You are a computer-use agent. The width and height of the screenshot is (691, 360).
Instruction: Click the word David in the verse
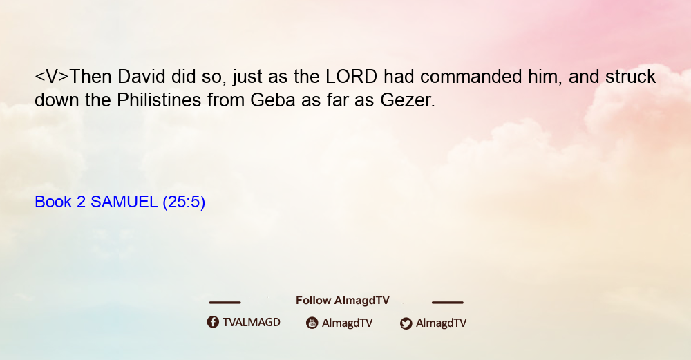click(141, 77)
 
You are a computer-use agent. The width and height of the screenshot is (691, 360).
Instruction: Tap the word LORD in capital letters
click(351, 77)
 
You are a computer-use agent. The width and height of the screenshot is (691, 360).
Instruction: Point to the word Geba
click(273, 100)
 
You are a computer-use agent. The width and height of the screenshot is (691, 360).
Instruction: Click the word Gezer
click(408, 100)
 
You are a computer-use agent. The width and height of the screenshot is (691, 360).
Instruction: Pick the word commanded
click(471, 77)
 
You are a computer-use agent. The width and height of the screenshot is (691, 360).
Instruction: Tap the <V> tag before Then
click(52, 77)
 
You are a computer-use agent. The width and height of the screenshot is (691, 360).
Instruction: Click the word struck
click(631, 77)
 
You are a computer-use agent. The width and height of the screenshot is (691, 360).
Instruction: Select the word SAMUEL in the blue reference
click(124, 202)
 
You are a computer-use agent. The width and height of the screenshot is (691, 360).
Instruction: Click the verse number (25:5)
click(184, 202)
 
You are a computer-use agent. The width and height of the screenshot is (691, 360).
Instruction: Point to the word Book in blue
click(53, 202)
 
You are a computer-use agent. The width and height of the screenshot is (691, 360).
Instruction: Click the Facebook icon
click(213, 322)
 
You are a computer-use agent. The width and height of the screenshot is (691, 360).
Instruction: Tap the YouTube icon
click(312, 323)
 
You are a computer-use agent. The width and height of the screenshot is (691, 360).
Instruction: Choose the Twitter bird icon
click(406, 323)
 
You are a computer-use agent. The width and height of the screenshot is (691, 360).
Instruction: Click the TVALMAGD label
click(252, 322)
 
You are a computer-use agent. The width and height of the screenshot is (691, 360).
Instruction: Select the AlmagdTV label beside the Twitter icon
click(441, 323)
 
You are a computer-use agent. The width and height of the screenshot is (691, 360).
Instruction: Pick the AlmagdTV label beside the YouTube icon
click(348, 323)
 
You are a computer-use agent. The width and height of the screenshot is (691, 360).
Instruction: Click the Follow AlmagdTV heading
click(343, 300)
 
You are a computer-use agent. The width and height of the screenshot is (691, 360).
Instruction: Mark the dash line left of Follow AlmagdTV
click(225, 302)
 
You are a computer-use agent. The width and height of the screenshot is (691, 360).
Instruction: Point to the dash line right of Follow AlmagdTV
click(448, 302)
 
